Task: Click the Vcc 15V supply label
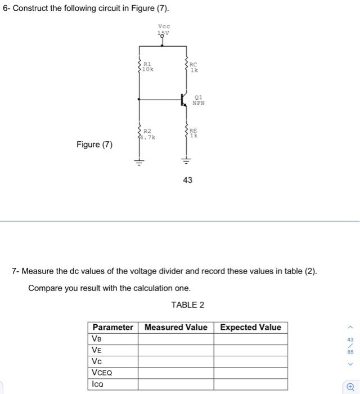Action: (164, 29)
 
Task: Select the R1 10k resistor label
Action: (148, 67)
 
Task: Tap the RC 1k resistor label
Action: (193, 68)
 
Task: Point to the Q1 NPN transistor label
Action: (198, 100)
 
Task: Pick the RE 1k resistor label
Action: (193, 133)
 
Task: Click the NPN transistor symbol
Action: (184, 100)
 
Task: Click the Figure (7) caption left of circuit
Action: (94, 145)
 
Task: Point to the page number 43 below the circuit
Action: (187, 180)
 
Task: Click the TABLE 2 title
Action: (187, 305)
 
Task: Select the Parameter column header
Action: (113, 327)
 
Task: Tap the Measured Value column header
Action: (176, 327)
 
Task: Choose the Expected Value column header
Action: (250, 327)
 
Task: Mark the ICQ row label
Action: (99, 384)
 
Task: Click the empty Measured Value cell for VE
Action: (176, 350)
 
